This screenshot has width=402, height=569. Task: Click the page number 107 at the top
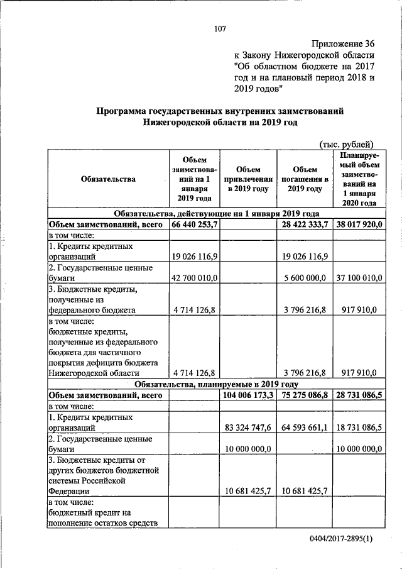(219, 28)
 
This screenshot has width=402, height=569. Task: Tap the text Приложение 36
(343, 43)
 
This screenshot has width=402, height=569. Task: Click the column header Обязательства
(108, 179)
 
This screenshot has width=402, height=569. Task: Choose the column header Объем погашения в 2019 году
(305, 179)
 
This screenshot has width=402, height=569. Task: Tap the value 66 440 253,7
(194, 224)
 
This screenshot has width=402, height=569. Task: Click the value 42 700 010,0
(194, 279)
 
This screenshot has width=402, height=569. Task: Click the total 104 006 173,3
(249, 395)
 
